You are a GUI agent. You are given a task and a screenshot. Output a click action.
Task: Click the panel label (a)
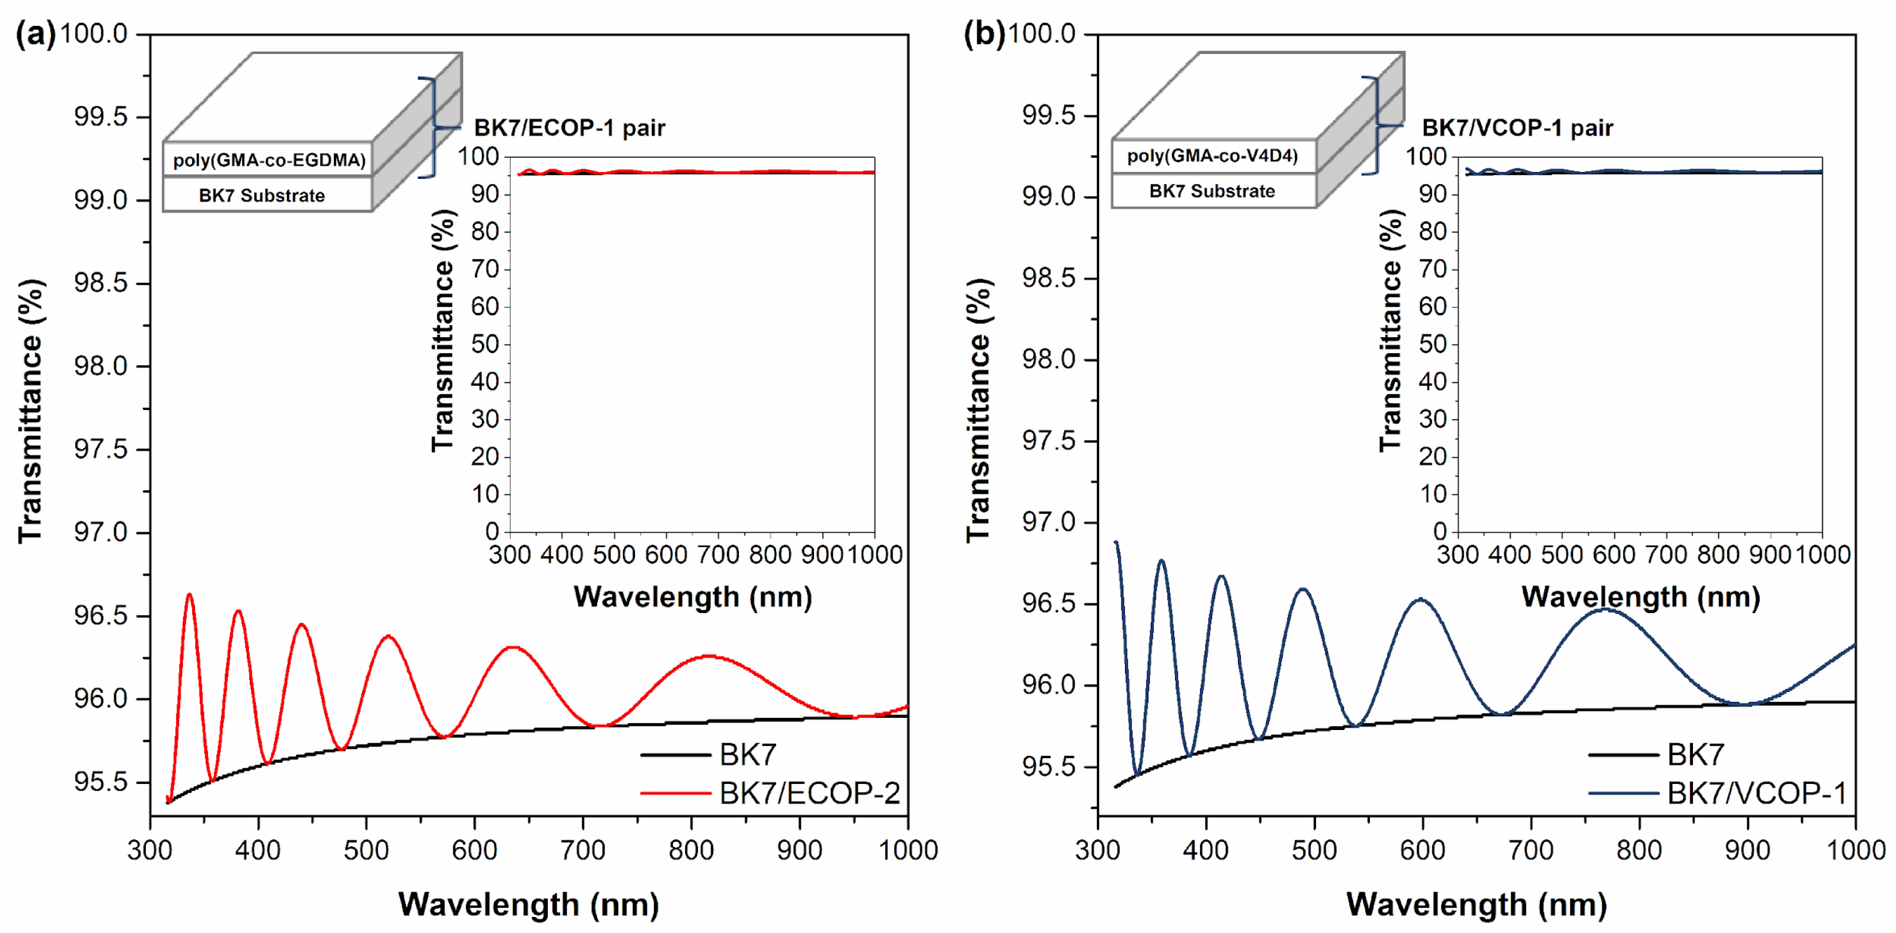(34, 34)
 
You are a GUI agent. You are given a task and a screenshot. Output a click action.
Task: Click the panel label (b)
(983, 34)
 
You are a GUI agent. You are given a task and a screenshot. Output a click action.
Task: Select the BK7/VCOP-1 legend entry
(1756, 793)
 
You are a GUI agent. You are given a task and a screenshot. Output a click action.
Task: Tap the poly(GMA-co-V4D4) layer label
(1212, 156)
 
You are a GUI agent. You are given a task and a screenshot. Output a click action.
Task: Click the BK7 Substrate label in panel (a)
(261, 196)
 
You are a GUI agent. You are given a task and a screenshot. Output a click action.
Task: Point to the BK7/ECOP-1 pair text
(569, 128)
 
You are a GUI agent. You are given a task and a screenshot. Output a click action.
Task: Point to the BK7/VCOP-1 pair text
(1517, 128)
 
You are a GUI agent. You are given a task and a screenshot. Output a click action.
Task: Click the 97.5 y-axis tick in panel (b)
(1048, 442)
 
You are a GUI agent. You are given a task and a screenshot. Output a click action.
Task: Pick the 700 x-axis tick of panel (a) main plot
(583, 850)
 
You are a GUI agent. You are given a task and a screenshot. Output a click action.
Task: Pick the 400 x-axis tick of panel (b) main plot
(1206, 850)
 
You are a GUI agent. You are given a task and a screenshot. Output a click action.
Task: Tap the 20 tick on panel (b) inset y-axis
(1433, 457)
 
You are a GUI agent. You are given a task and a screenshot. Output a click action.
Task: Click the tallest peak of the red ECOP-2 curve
(189, 595)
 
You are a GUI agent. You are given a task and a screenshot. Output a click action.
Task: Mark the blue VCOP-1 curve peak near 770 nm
(1605, 609)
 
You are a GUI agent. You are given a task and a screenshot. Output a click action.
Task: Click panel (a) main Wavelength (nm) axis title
(528, 904)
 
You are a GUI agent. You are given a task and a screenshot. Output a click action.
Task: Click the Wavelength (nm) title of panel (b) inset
(1641, 597)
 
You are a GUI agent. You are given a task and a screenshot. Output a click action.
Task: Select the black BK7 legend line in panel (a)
(675, 755)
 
